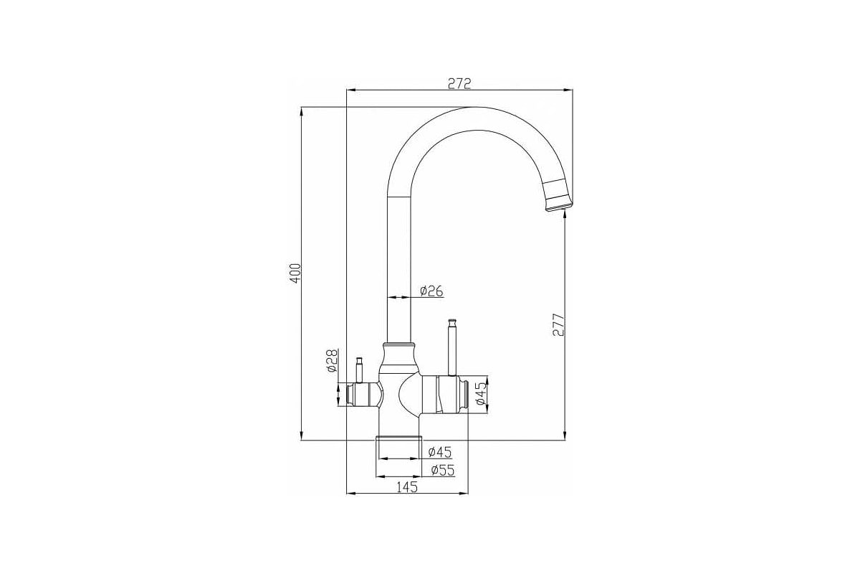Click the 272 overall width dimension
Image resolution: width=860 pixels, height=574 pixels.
coord(459,83)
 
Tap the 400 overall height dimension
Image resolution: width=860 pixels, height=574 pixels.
coord(295,273)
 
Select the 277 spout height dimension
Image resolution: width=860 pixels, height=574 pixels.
coord(558,325)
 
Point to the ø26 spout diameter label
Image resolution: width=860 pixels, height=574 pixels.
coord(431,291)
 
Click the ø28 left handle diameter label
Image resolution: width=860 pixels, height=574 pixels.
coord(331,361)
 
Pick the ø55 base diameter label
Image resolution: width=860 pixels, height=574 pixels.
coord(442,470)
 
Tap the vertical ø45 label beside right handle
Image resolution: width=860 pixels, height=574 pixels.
coord(482,395)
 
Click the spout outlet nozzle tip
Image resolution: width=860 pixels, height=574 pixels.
coord(559,207)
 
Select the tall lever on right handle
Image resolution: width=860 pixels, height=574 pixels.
coord(452,348)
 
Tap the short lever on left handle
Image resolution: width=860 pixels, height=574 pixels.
coord(360,369)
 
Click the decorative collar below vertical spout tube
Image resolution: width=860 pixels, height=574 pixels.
coord(398,357)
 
